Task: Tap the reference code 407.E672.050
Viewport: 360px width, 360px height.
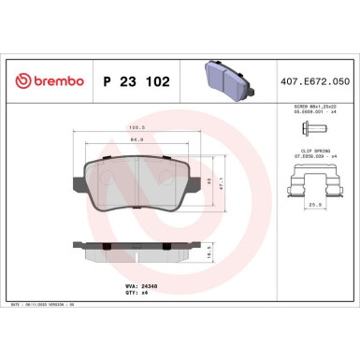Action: pos(321,82)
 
